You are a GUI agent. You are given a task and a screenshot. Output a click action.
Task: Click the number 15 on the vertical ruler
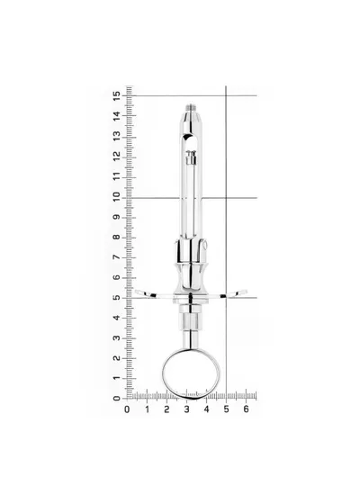tap(116, 95)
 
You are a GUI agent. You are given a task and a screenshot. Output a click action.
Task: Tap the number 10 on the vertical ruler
tap(116, 196)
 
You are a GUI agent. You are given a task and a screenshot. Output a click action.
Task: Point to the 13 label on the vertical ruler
tap(116, 136)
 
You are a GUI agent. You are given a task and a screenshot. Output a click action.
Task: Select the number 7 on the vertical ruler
tap(116, 257)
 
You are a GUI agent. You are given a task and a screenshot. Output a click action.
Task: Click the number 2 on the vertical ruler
tap(116, 358)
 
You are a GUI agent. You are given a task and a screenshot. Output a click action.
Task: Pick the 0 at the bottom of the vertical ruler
tap(116, 399)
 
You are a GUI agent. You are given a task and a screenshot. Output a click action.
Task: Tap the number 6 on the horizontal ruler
tap(246, 409)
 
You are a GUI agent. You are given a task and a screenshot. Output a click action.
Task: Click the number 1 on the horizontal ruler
tap(147, 409)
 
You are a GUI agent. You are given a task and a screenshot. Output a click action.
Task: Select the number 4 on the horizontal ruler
tap(206, 409)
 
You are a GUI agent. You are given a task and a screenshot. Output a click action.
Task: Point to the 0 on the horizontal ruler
tap(127, 409)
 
